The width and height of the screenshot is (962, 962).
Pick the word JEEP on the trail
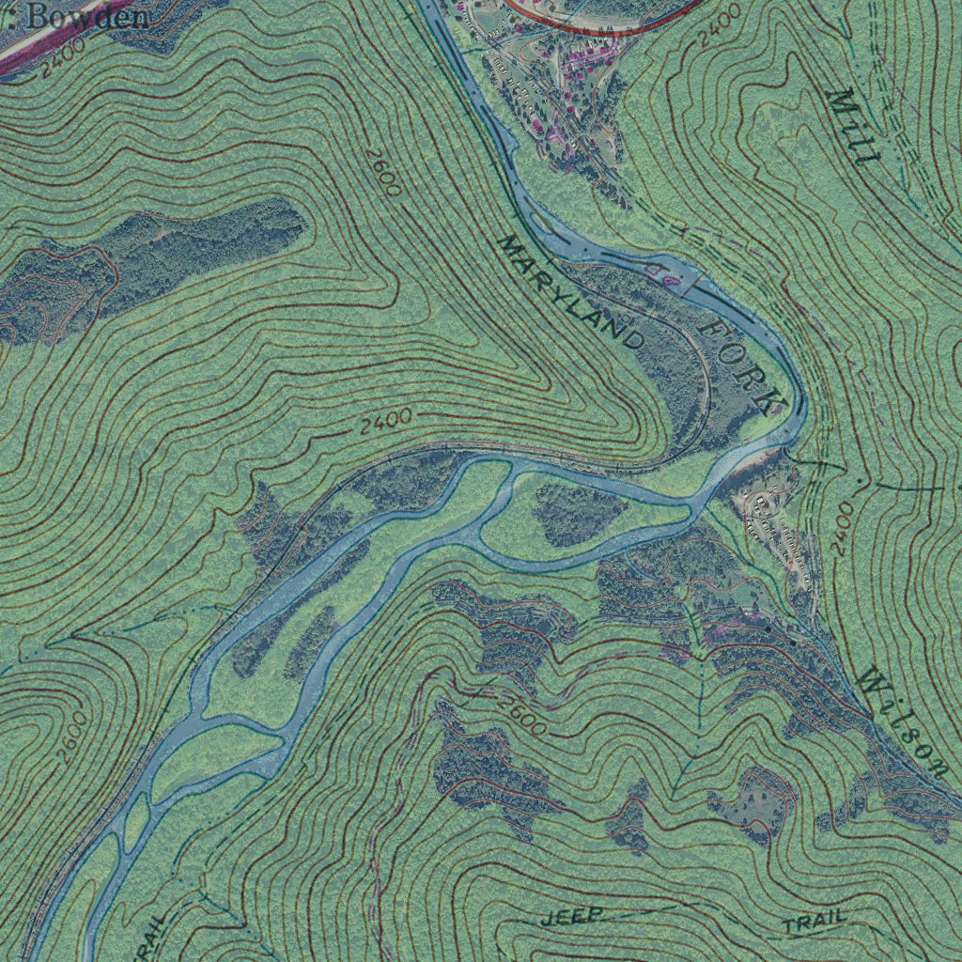(572, 917)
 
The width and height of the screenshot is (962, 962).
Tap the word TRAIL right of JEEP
(815, 923)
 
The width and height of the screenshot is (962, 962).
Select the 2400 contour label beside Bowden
(64, 58)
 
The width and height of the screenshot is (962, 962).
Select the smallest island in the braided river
(136, 820)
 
